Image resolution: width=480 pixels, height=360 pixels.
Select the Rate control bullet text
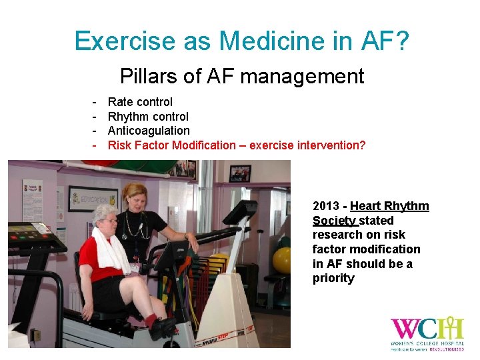[x=140, y=102]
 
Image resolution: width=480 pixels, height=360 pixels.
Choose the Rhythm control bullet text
[x=148, y=117]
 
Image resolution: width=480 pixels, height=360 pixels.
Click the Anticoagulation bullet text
[x=149, y=131]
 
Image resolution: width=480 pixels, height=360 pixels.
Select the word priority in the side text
[x=333, y=278]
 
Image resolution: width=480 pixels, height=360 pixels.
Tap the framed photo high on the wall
[x=239, y=173]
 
